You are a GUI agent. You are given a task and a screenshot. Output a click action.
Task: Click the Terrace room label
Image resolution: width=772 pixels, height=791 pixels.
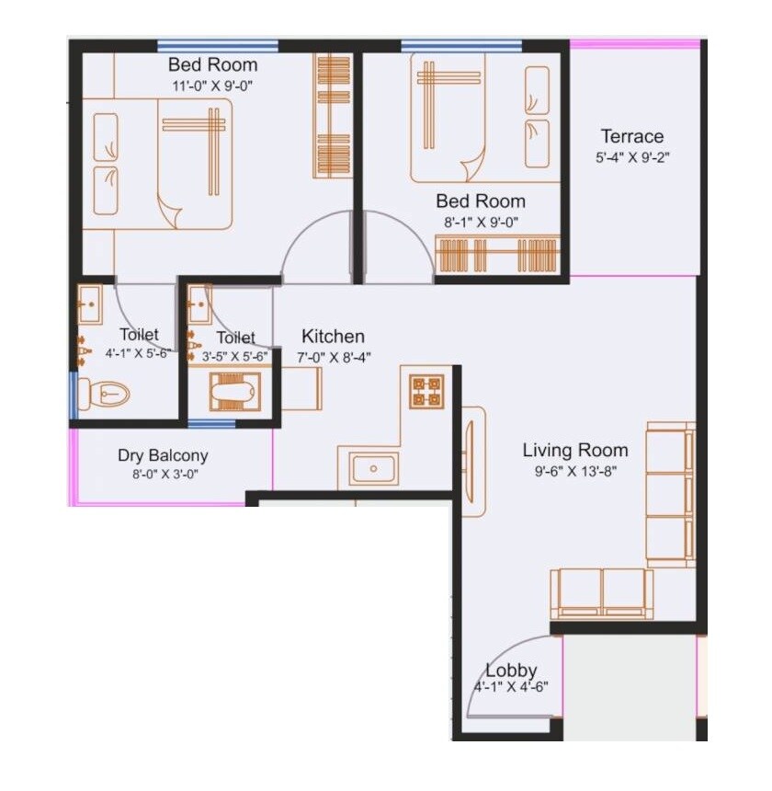632,137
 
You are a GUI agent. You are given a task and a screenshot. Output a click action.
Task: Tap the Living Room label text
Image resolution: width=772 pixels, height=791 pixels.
575,451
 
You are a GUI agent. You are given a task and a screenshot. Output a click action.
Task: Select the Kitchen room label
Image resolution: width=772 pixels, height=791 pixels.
333,337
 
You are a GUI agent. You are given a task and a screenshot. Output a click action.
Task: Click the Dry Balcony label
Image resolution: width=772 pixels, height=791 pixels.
163,455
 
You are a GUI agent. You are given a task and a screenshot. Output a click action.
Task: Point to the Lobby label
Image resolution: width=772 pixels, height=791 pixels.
511,671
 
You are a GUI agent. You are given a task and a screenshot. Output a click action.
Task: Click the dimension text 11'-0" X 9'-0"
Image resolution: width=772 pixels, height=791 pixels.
212,86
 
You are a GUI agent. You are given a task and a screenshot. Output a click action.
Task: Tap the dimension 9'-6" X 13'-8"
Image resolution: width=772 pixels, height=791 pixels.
575,471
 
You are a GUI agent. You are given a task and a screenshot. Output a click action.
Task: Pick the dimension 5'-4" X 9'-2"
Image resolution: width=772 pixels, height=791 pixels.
632,157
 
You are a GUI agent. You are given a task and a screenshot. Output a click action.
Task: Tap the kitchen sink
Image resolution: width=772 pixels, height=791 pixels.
374,469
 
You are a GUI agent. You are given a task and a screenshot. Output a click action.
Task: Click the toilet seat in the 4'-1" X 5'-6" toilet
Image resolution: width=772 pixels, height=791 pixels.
102,395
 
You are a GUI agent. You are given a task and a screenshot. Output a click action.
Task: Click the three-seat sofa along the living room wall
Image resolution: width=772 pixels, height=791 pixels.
670,497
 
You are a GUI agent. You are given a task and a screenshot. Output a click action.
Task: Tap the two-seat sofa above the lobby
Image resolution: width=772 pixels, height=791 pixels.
602,593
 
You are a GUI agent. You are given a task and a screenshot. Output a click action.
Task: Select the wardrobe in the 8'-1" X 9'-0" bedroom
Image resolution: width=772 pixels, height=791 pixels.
496,255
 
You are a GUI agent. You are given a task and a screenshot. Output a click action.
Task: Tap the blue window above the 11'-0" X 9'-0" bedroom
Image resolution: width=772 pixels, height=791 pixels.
218,45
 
